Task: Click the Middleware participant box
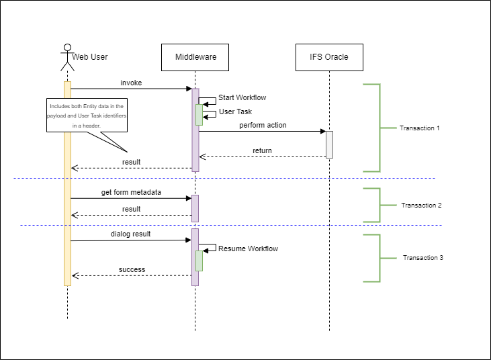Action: [x=195, y=57]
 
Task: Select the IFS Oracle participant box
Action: [x=329, y=57]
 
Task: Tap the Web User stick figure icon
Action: [x=66, y=57]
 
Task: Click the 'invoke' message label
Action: [x=131, y=83]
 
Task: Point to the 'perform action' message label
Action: [x=263, y=126]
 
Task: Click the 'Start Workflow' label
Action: [x=242, y=98]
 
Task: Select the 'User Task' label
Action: [x=236, y=112]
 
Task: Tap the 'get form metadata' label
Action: [x=132, y=193]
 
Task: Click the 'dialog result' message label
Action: [x=131, y=234]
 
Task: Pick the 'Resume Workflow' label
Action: [x=248, y=249]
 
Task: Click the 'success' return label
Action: [x=132, y=270]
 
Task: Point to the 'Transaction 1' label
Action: [x=419, y=128]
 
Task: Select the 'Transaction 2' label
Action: [x=421, y=206]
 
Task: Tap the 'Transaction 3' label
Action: [x=422, y=258]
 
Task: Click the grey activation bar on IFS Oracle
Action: [x=329, y=144]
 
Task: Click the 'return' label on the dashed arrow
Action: [x=262, y=151]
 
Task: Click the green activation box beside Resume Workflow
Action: [x=199, y=261]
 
